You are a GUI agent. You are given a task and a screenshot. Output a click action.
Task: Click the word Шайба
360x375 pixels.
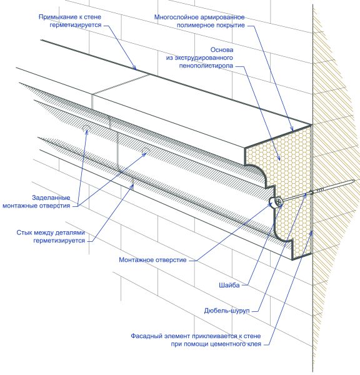[x=229, y=285]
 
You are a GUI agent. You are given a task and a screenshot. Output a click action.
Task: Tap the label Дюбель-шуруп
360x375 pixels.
[x=226, y=311]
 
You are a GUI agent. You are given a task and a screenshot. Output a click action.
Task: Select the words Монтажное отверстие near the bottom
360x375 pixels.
[x=152, y=260]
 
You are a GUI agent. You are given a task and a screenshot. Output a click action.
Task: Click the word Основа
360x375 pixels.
[x=222, y=50]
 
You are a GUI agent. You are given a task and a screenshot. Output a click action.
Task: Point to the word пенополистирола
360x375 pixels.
[x=206, y=66]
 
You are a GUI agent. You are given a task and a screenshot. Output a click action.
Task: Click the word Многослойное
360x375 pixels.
[x=177, y=17]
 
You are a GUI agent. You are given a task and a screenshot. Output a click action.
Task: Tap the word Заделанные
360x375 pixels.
[x=51, y=197]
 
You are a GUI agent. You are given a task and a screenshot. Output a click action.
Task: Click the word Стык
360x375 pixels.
[x=24, y=232]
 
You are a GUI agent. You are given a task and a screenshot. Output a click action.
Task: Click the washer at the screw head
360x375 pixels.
[x=278, y=202]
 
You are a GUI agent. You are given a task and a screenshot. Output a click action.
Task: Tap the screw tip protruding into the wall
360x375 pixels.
[x=354, y=181]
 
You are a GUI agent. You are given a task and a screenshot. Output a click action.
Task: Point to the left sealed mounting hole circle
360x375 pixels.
[x=86, y=127]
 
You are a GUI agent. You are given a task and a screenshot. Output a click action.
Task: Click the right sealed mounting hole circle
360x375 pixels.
[x=146, y=150]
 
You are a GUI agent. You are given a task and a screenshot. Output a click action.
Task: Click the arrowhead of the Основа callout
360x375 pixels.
[x=279, y=158]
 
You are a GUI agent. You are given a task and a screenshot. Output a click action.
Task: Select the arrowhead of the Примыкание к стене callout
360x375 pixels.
[x=134, y=67]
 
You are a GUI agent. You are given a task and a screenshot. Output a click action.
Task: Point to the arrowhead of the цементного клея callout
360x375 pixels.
[x=311, y=233]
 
